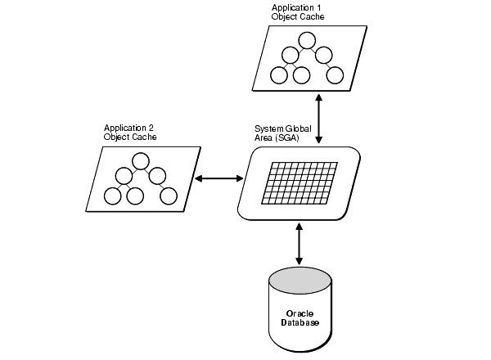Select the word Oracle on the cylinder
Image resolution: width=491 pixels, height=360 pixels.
(x=300, y=313)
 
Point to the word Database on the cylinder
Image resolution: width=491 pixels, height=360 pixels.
(x=300, y=322)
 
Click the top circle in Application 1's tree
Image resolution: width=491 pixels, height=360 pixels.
(x=307, y=39)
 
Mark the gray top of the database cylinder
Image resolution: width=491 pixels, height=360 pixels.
(x=300, y=281)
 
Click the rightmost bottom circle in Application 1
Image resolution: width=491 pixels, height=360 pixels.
(x=335, y=75)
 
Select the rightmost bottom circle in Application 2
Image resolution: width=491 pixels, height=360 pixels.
(x=168, y=196)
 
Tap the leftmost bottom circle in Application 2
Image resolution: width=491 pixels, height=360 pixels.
(x=112, y=196)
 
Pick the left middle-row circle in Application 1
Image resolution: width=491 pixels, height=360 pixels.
(x=290, y=56)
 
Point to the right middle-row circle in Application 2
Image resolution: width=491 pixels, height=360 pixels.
(x=157, y=177)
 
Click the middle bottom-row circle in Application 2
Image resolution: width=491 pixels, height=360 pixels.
(x=135, y=196)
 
